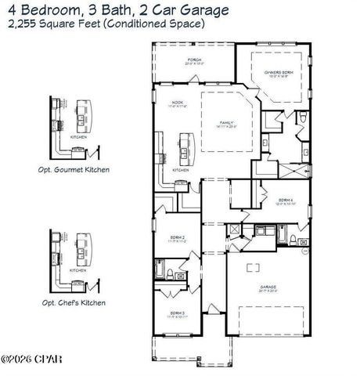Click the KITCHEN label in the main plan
pyautogui.click(x=180, y=169)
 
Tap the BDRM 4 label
pyautogui.click(x=286, y=200)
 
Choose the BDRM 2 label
pyautogui.click(x=178, y=237)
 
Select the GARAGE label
pyautogui.click(x=269, y=287)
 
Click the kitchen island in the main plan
pyautogui.click(x=185, y=146)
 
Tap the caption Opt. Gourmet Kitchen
pyautogui.click(x=74, y=168)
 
